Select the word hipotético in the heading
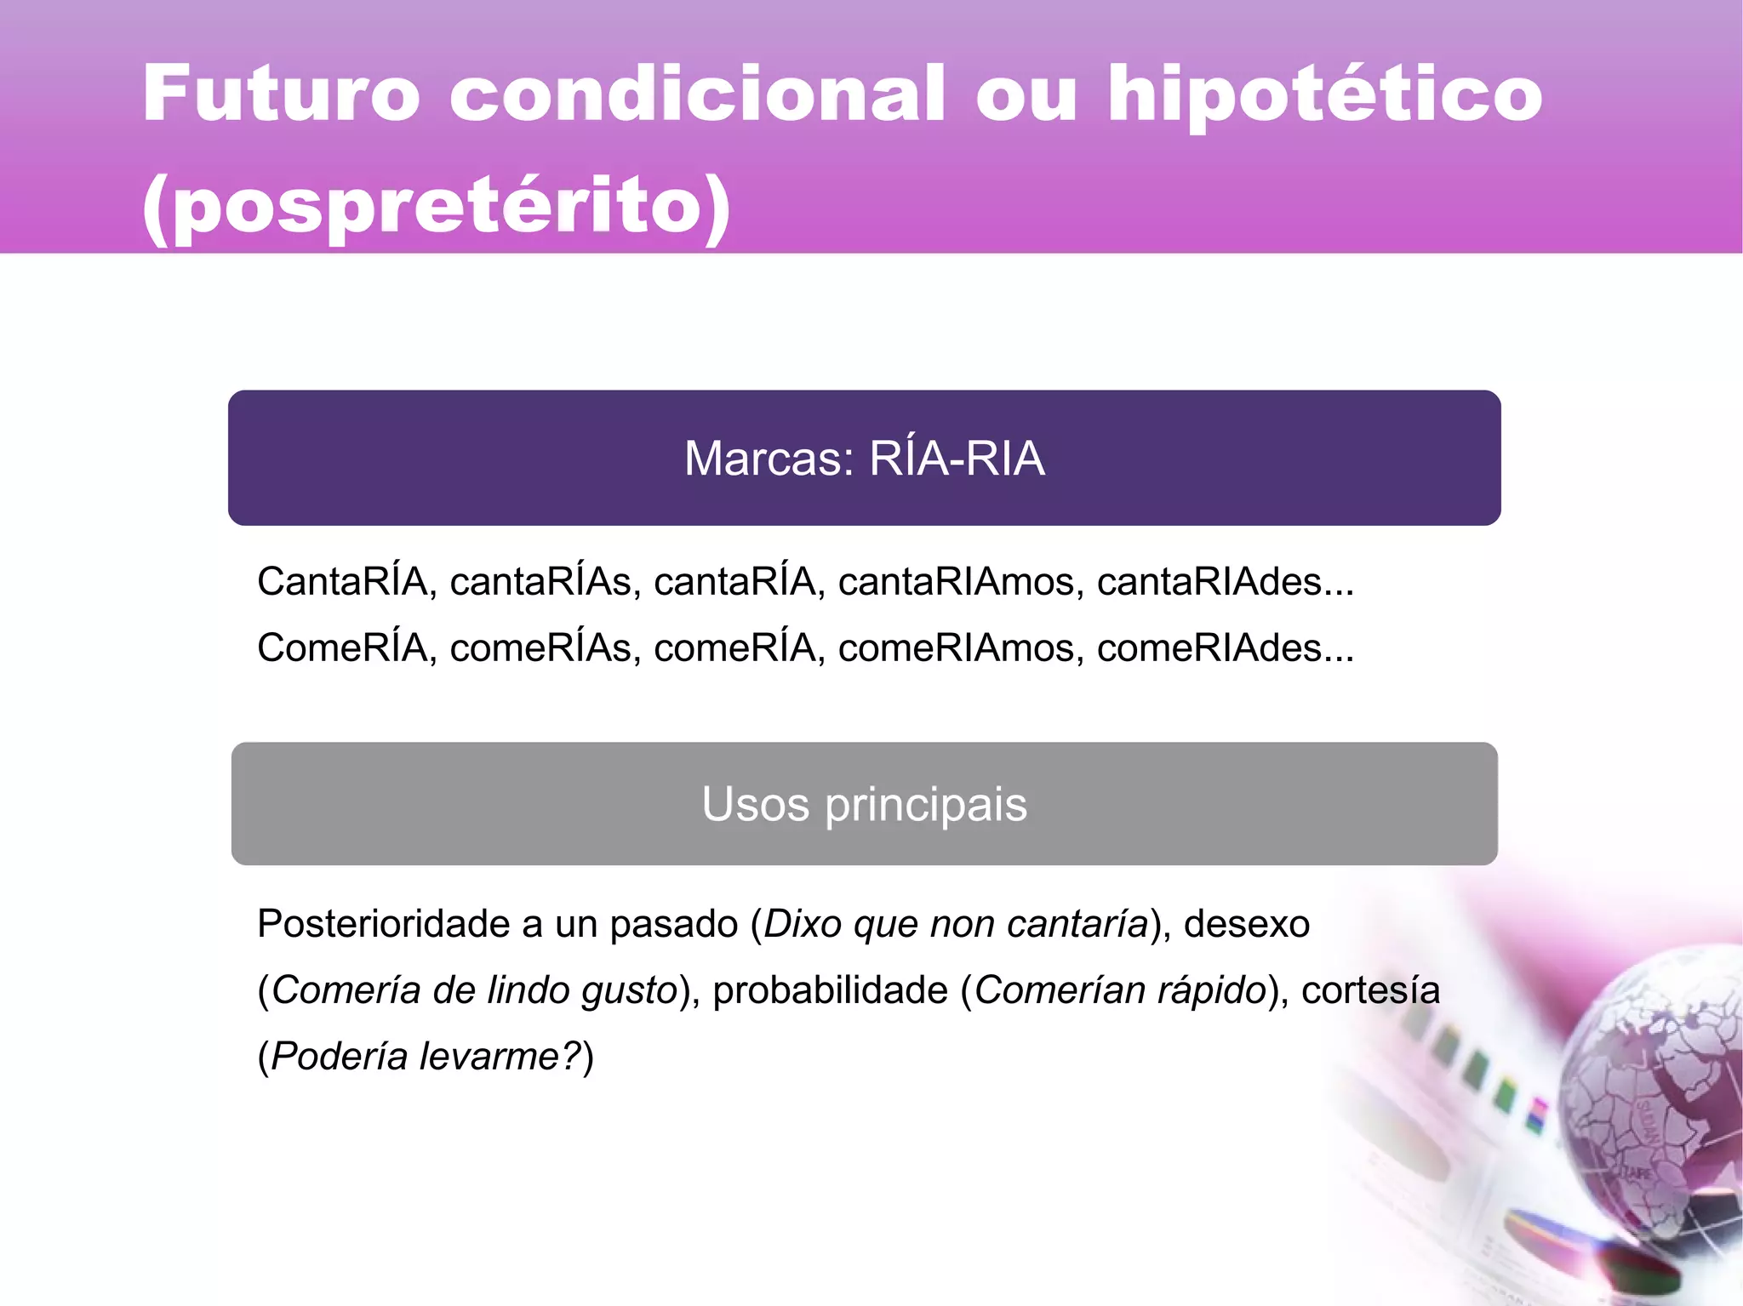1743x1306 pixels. click(1324, 95)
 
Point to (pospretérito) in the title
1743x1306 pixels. click(437, 207)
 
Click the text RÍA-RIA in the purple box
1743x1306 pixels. click(957, 459)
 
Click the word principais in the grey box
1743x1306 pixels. click(926, 805)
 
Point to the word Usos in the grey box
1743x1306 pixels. click(755, 805)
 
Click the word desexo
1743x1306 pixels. click(1247, 925)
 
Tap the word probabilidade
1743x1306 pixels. click(831, 991)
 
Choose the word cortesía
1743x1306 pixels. click(1370, 991)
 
